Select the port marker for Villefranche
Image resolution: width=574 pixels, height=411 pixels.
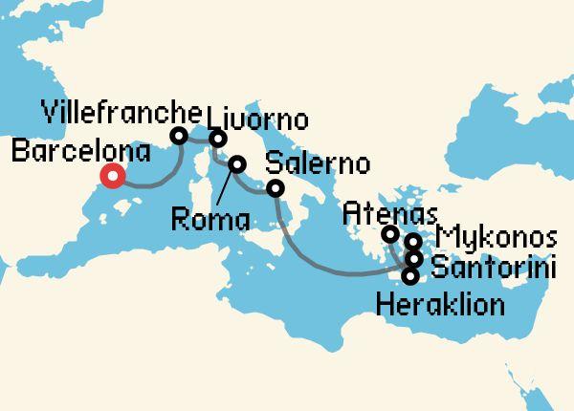[x=178, y=137]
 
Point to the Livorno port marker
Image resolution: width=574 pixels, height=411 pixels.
[x=218, y=139]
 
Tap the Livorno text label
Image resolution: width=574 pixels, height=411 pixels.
[x=257, y=120]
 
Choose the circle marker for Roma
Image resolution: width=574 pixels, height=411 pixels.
[x=235, y=163]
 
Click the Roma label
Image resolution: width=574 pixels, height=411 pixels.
[x=210, y=221]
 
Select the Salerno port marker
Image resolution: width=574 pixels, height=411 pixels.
[x=276, y=188]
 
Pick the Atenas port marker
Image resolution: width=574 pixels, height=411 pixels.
[x=389, y=234]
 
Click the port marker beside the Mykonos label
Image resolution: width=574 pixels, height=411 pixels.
[x=413, y=242]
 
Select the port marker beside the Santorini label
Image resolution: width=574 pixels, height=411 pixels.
[x=414, y=258]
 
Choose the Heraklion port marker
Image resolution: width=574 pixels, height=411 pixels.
[x=410, y=277]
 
